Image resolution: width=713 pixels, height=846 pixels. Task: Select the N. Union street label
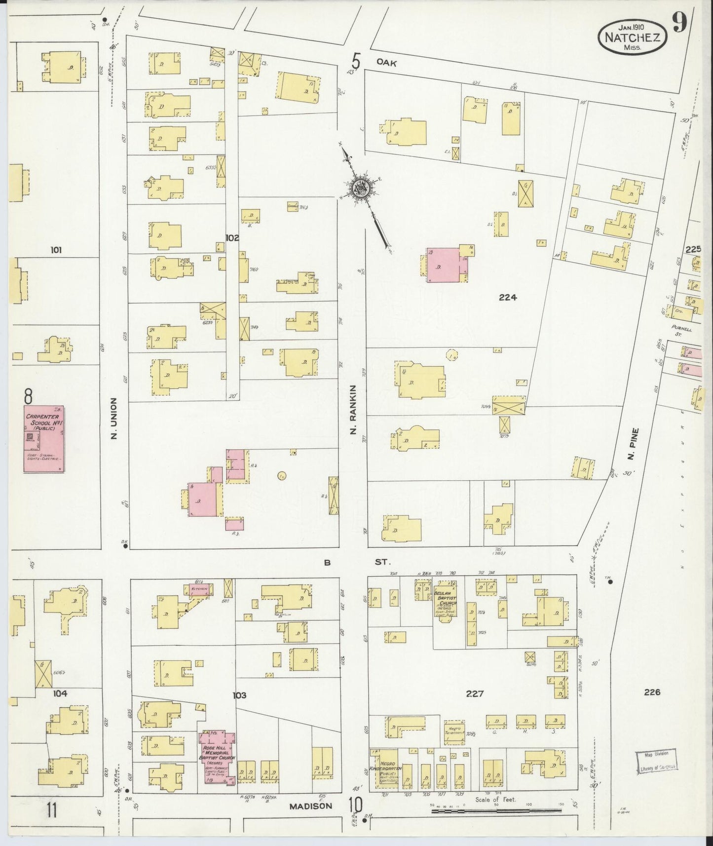114,419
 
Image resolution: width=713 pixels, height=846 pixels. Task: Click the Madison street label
311,806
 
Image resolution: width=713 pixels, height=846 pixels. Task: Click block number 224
507,297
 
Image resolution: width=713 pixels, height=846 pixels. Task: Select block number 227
474,693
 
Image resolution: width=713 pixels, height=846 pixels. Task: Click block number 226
652,692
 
